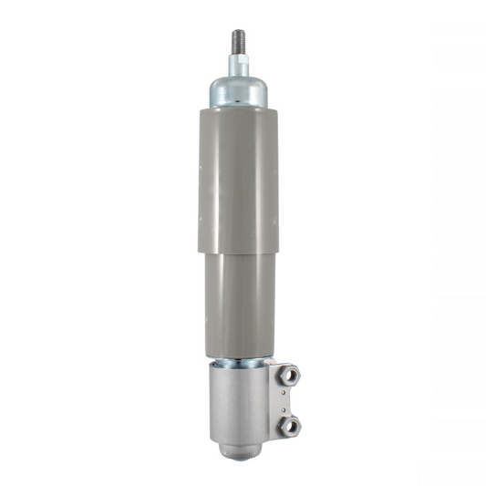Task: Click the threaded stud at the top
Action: [x=240, y=42]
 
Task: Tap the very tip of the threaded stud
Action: [x=240, y=31]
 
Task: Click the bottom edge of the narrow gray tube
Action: [x=240, y=357]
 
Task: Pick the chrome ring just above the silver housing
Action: [x=240, y=362]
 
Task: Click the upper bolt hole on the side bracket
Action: [x=289, y=374]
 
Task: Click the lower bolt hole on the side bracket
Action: [x=289, y=424]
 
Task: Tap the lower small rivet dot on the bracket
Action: [x=284, y=407]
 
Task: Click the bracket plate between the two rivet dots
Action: [x=284, y=399]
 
